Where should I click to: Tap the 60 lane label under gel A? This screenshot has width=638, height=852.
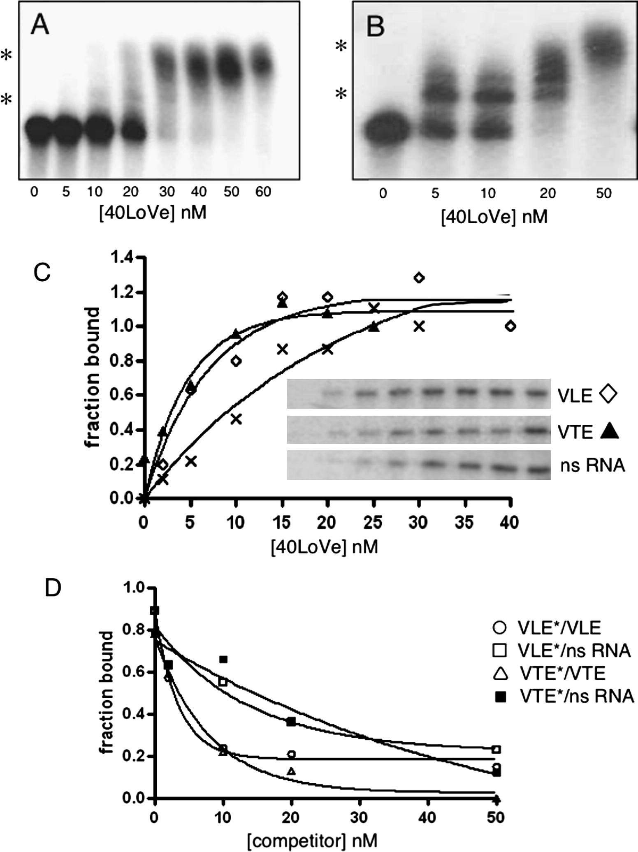click(263, 192)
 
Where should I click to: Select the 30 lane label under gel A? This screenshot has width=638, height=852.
click(167, 192)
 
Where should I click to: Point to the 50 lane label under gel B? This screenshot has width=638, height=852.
click(603, 193)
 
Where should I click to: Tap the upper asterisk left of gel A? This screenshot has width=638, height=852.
click(7, 56)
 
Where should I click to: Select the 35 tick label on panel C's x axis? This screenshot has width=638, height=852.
click(465, 523)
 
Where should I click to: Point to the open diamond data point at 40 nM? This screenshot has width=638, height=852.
click(510, 326)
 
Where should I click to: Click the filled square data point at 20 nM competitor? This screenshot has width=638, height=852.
click(291, 722)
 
